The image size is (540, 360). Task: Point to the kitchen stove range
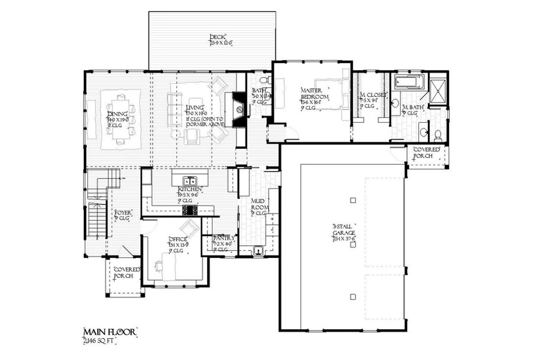189,210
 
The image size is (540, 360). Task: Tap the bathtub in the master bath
410,82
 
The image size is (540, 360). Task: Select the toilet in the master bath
437,135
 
